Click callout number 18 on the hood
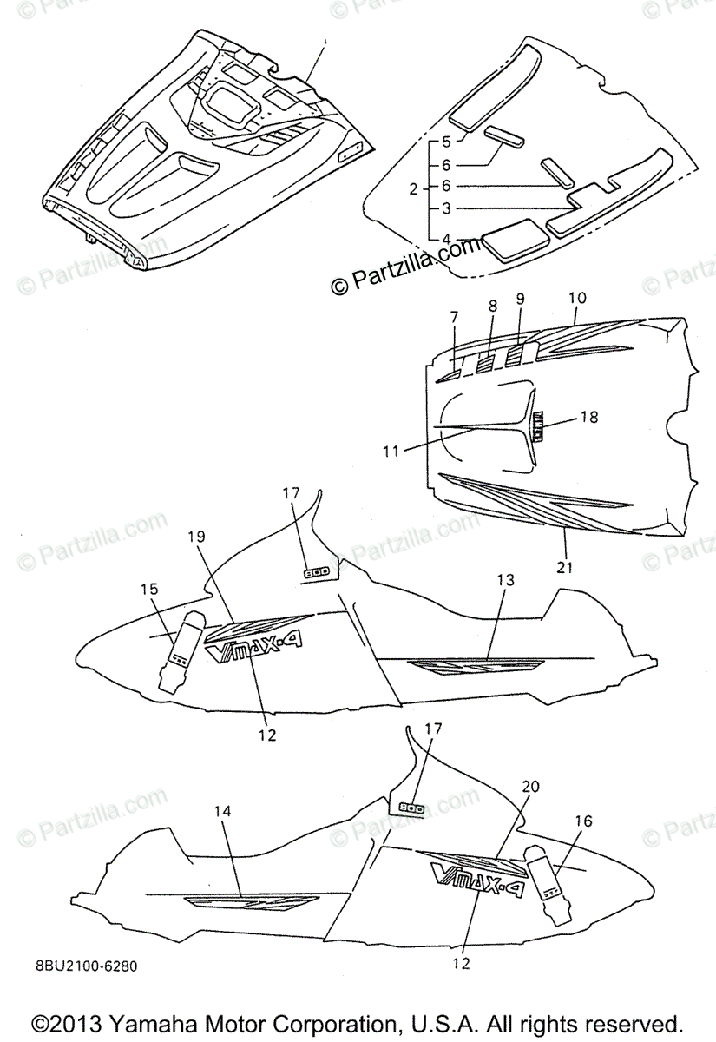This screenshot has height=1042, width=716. tap(588, 417)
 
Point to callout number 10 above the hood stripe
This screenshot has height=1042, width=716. tap(577, 299)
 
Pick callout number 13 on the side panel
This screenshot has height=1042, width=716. tap(505, 579)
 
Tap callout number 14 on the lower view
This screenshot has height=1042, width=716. tap(223, 811)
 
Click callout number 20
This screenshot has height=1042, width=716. tap(530, 786)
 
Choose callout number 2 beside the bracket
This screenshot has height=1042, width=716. tap(414, 187)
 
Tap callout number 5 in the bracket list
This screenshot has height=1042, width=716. tap(446, 141)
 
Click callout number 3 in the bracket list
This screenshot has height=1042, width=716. tap(446, 208)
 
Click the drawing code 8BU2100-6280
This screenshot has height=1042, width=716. tap(87, 966)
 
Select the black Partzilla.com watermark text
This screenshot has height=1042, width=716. tap(405, 266)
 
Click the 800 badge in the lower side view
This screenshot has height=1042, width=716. tap(411, 807)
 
